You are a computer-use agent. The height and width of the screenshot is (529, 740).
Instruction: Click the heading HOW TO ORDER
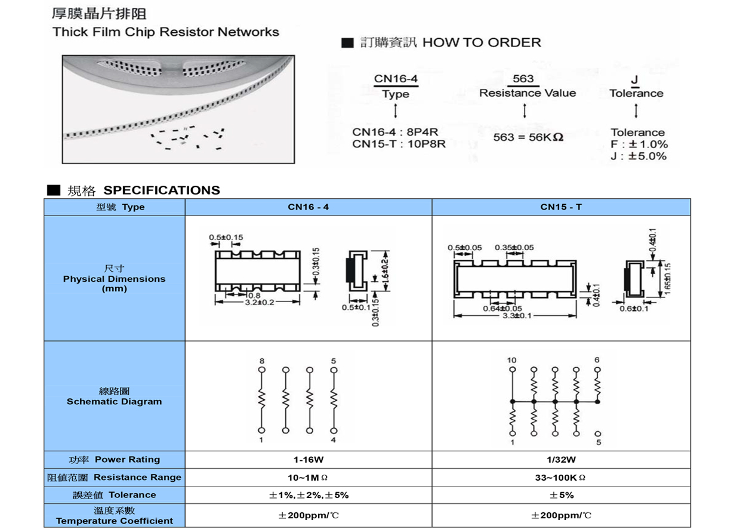pyautogui.click(x=481, y=42)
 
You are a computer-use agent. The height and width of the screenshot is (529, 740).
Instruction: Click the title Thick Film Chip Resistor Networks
pyautogui.click(x=165, y=32)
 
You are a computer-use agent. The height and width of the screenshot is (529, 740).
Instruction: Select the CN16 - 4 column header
pyautogui.click(x=308, y=207)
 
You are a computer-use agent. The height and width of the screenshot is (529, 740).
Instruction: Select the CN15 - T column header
pyautogui.click(x=561, y=207)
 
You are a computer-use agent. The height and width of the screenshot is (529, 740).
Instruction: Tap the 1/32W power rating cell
pyautogui.click(x=561, y=460)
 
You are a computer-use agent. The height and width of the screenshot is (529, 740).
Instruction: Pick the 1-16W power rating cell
pyautogui.click(x=308, y=460)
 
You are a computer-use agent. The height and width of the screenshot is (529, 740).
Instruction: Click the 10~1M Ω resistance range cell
pyautogui.click(x=308, y=478)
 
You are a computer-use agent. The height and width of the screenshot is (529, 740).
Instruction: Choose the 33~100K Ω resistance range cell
pyautogui.click(x=561, y=478)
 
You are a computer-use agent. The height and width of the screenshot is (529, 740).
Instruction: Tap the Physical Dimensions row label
pyautogui.click(x=114, y=279)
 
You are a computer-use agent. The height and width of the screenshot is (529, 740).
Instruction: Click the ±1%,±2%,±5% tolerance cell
pyautogui.click(x=308, y=495)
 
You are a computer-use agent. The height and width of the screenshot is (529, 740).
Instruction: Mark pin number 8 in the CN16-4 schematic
pyautogui.click(x=261, y=361)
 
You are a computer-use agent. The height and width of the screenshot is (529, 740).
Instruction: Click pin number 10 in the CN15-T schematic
pyautogui.click(x=511, y=360)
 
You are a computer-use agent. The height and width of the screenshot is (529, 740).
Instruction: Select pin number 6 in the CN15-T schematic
pyautogui.click(x=597, y=360)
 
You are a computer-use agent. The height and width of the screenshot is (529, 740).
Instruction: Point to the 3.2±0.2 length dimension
pyautogui.click(x=260, y=303)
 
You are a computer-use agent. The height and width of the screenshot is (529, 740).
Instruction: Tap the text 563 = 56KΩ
pyautogui.click(x=529, y=137)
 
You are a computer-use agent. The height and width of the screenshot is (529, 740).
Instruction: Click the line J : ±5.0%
pyautogui.click(x=639, y=156)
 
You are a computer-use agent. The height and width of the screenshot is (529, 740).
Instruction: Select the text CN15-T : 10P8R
pyautogui.click(x=399, y=144)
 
